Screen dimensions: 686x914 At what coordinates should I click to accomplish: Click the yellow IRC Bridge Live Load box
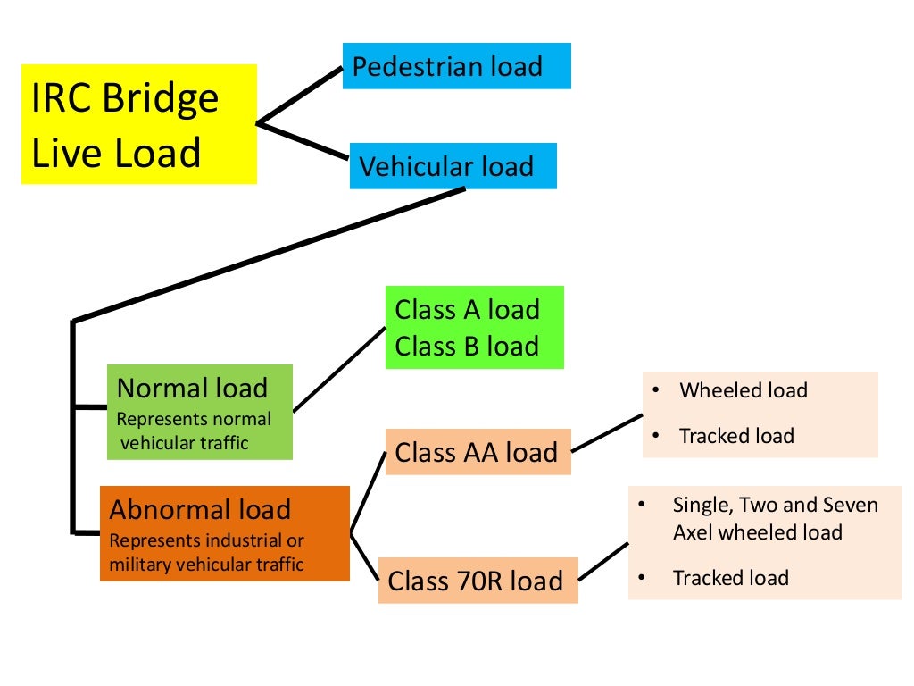(x=138, y=124)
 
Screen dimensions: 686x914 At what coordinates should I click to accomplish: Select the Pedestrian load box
(x=456, y=66)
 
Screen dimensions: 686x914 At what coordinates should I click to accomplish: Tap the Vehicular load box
(x=453, y=166)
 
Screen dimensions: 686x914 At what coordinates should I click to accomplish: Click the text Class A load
(x=467, y=310)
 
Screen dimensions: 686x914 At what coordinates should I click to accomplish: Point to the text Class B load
(x=467, y=347)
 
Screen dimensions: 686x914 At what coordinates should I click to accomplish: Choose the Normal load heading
(x=192, y=389)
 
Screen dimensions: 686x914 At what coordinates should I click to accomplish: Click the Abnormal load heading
(x=200, y=510)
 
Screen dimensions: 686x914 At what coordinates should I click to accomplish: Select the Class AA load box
(x=477, y=452)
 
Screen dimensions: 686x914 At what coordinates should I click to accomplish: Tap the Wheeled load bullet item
(x=743, y=390)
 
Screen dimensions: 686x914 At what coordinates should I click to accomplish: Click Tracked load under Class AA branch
(x=736, y=436)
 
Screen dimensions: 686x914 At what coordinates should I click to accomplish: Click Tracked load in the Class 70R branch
(x=731, y=578)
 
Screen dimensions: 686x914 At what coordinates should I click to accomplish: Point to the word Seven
(x=849, y=505)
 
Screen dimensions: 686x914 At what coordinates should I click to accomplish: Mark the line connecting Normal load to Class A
(x=339, y=368)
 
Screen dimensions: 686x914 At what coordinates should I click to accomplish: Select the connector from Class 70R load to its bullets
(x=604, y=559)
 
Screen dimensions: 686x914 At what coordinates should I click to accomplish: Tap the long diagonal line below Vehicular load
(x=268, y=254)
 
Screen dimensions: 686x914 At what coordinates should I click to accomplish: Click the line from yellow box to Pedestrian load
(x=300, y=96)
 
